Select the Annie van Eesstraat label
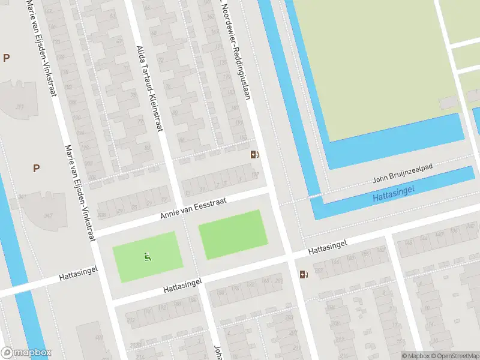[x=193, y=209]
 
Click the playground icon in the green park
[x=147, y=257]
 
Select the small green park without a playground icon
[x=233, y=235]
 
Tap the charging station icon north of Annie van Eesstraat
[x=254, y=155]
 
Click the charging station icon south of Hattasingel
[x=304, y=275]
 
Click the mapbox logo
[x=26, y=353]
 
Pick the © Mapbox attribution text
[x=416, y=356]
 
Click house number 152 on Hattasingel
[x=380, y=250]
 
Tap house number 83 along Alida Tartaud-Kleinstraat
[x=148, y=146]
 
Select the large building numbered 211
[x=20, y=107]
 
